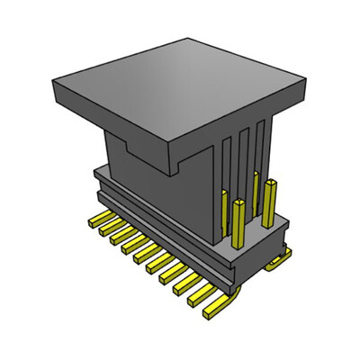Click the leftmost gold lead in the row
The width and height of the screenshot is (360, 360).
click(x=94, y=219)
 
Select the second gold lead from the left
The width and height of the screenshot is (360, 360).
click(x=104, y=227)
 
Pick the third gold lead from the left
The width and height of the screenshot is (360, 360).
click(x=117, y=235)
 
